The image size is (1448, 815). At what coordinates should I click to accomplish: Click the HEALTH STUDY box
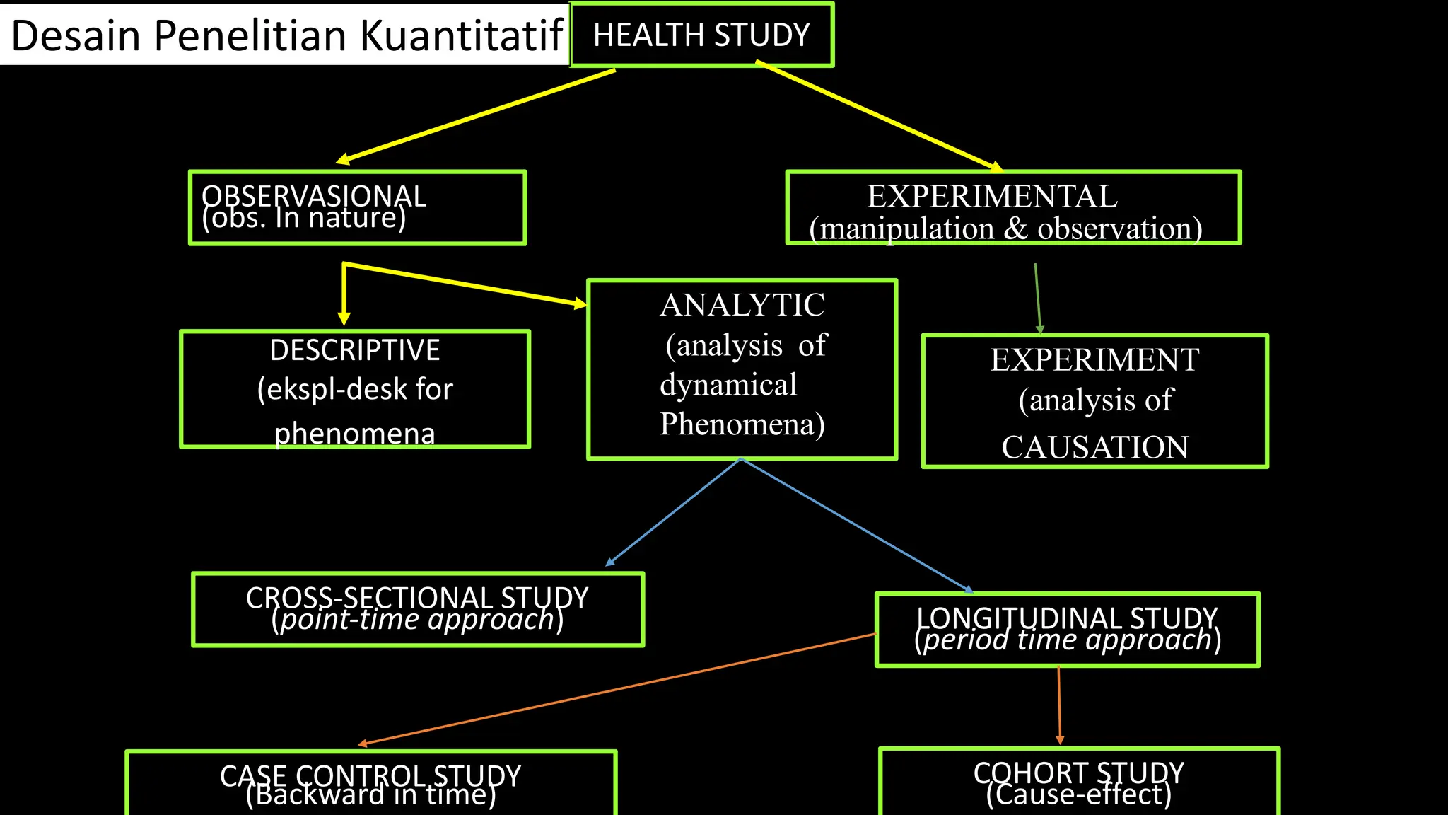[701, 35]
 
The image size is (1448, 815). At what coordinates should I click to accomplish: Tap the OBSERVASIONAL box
[357, 208]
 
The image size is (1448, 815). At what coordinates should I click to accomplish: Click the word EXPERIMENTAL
[992, 197]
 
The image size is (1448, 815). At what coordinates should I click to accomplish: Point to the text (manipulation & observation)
[1005, 229]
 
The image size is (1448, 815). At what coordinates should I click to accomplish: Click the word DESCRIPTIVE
[355, 350]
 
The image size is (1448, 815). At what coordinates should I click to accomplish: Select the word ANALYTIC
[742, 306]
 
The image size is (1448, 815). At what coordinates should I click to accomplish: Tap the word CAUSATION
[1094, 447]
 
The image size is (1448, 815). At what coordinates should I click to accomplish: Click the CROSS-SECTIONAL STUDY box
[417, 609]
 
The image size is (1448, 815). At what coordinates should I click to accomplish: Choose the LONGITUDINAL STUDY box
[1067, 629]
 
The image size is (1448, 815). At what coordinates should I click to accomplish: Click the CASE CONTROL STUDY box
[370, 784]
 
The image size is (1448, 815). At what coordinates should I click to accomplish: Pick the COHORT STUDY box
[1078, 782]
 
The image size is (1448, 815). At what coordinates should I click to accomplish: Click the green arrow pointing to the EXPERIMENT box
[1037, 297]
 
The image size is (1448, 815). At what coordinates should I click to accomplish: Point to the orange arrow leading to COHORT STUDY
[1059, 704]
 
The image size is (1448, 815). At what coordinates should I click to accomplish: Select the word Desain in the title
[76, 35]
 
